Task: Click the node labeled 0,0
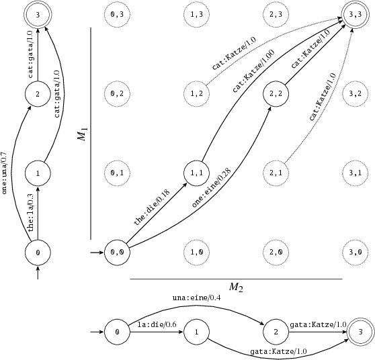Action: pos(117,253)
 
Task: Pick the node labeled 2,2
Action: pos(277,93)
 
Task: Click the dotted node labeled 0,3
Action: pos(117,13)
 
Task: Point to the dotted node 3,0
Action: pos(356,253)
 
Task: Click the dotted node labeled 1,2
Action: pos(197,93)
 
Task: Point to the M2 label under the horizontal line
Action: pos(236,287)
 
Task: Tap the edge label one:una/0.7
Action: pos(6,172)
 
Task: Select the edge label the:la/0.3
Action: pos(31,213)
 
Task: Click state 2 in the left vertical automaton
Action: pos(38,93)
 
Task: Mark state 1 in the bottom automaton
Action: pos(197,332)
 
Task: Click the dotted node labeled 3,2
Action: pos(356,93)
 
